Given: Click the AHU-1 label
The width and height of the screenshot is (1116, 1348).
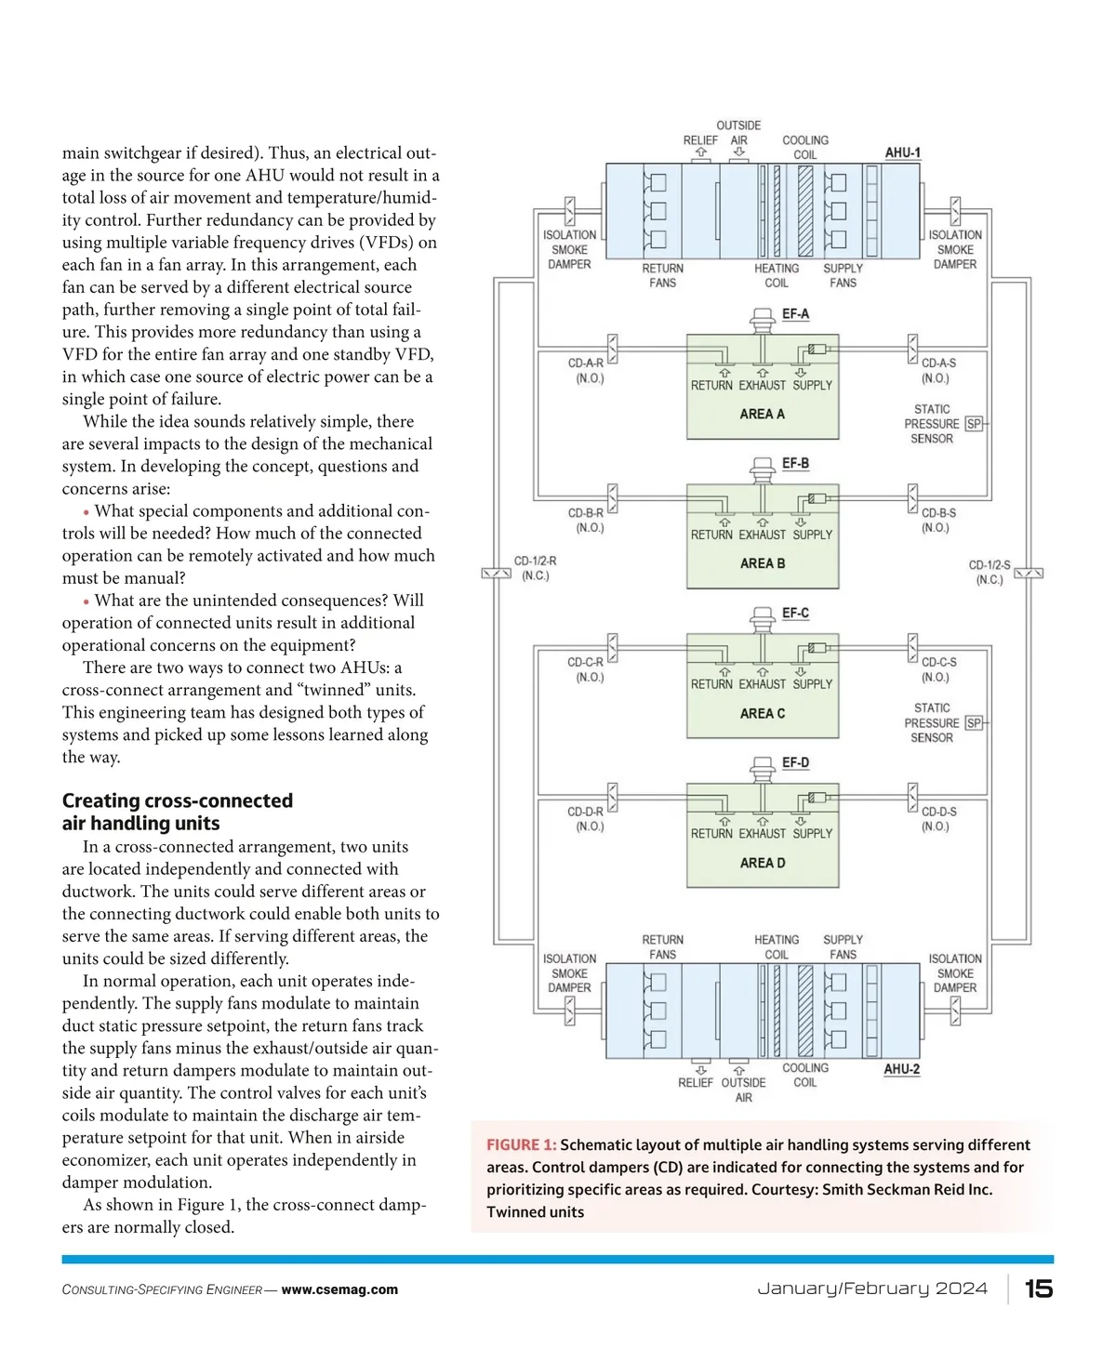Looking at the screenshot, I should [902, 152].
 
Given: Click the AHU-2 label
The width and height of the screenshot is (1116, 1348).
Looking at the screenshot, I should [901, 1069].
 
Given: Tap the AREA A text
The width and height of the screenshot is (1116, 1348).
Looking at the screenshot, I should [762, 414].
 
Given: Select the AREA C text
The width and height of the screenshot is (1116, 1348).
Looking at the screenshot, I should [762, 713].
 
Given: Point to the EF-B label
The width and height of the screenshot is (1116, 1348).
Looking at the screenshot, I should [795, 463].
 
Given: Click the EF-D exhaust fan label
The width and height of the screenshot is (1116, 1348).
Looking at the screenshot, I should [795, 762].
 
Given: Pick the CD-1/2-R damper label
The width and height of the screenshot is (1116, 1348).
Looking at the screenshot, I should [535, 568].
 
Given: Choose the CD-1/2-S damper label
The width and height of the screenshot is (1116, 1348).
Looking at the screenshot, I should [990, 572].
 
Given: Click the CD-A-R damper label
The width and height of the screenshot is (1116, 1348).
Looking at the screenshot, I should [586, 370].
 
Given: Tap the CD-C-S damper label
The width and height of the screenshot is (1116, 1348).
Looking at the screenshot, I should [938, 669].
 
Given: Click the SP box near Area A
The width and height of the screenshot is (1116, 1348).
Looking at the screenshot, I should [974, 424].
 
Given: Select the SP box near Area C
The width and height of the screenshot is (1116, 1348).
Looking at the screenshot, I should [974, 723].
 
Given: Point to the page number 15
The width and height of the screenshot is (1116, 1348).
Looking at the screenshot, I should [1038, 1289].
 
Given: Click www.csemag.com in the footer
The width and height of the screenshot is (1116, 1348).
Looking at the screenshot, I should [339, 1289].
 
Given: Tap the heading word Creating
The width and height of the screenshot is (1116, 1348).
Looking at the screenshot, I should [100, 800].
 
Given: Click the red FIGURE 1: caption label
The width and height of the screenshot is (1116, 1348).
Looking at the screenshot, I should [521, 1144].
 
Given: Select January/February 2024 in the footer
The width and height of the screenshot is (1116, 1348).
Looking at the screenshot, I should [871, 1289].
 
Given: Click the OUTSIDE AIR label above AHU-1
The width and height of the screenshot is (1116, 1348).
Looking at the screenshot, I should [738, 133].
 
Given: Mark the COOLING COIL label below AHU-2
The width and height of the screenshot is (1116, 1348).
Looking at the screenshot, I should [805, 1075].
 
